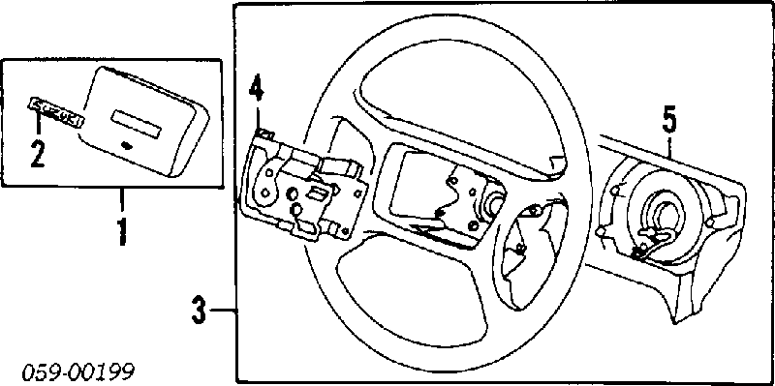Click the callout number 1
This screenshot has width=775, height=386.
point(120,231)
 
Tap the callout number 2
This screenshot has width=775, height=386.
point(38,153)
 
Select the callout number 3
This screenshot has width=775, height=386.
point(199,311)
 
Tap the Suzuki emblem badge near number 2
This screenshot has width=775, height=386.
point(55,112)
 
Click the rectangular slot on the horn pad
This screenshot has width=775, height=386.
point(138,124)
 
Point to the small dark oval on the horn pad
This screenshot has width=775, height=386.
point(127,144)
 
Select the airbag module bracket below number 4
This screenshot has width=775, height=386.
point(302,187)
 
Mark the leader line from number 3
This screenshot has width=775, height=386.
point(224,311)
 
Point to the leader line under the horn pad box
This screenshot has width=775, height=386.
point(121,202)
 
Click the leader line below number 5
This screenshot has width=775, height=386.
point(668,147)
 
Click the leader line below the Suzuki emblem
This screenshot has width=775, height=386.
point(38,128)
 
